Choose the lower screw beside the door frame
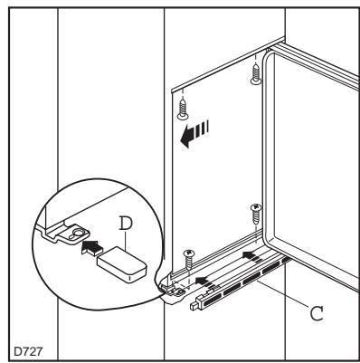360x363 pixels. [256, 215]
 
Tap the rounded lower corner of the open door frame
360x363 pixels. [270, 238]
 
